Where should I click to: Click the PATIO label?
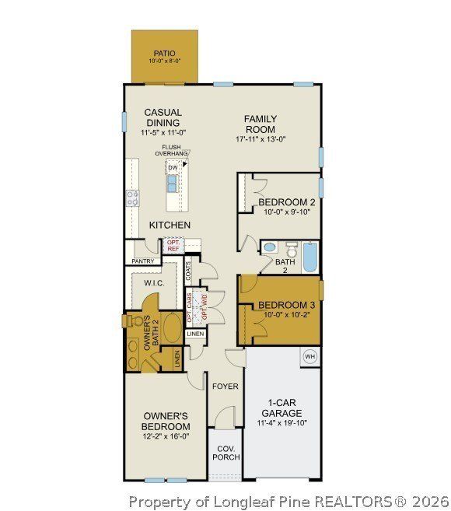coord(164,54)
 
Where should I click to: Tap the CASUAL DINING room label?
coord(163,117)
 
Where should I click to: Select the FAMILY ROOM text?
coord(260,124)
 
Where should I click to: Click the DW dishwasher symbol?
coord(172,167)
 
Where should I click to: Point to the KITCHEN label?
coord(170,225)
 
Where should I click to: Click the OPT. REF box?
coord(173,246)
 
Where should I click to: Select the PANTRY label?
coord(142,261)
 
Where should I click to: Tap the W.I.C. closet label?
coord(153,283)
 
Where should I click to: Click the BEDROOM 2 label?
coord(287,202)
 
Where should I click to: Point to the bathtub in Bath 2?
coord(309,257)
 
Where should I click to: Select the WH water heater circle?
coord(309,356)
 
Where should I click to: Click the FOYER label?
coord(226,386)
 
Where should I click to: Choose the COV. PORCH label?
coord(227,453)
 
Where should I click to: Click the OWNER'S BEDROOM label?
coord(165,421)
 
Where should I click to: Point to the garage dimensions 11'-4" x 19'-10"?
coord(281,424)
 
